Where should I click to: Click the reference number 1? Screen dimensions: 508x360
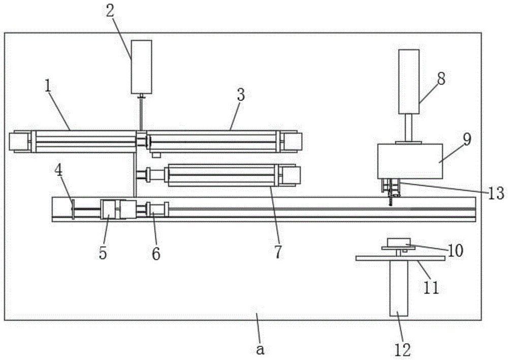pos(48,86)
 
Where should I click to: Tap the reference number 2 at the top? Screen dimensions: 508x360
pos(110,11)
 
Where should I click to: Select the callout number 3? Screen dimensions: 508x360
pos(240,95)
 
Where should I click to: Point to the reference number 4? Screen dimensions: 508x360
pos(58,171)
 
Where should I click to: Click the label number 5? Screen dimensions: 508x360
pos(103,253)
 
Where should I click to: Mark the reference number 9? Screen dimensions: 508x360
pos(467,139)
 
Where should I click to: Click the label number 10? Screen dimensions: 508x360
pos(455,250)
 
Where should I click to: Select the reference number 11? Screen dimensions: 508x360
pos(431,287)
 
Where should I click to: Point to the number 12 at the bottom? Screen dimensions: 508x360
pos(403,350)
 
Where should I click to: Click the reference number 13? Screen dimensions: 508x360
pos(496,193)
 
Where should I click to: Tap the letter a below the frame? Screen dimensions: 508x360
pos(260,350)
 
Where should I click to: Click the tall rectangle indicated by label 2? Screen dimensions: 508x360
pos(141,67)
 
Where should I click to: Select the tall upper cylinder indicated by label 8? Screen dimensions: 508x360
pos(409,82)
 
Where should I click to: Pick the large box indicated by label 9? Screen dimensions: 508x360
pos(410,161)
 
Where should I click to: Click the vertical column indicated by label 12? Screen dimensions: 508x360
pos(399,288)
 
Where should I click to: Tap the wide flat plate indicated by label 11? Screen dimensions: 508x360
pos(400,258)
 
